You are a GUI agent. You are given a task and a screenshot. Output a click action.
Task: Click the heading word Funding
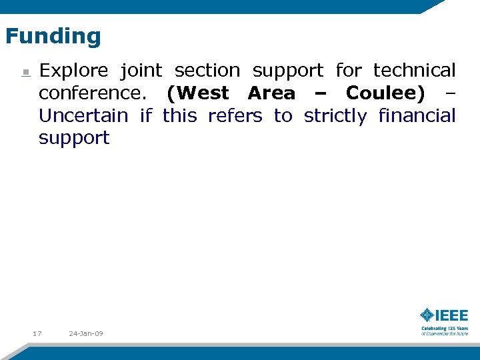click(53, 36)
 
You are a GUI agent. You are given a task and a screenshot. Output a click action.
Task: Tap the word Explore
click(73, 71)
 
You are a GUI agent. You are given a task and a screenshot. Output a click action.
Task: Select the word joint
click(141, 71)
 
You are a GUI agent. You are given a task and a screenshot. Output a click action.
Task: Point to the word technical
click(414, 71)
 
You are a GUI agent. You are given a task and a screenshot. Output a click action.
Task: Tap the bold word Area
click(271, 93)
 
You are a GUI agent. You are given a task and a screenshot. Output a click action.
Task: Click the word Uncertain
click(83, 116)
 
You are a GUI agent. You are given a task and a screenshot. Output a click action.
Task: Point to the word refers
click(235, 116)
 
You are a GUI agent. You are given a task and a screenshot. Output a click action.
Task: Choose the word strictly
click(335, 117)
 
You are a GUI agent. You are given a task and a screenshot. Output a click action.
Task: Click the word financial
click(417, 116)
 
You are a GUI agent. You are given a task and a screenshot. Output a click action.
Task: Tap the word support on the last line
click(73, 139)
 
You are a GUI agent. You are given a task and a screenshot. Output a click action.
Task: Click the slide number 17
click(37, 333)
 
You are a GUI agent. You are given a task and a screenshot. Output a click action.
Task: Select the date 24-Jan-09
click(86, 333)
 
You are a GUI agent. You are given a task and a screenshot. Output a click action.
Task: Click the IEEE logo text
click(452, 315)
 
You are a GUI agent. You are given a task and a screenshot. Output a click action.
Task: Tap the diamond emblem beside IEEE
click(427, 315)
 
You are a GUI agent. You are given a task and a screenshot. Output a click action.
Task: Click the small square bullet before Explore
click(25, 72)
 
